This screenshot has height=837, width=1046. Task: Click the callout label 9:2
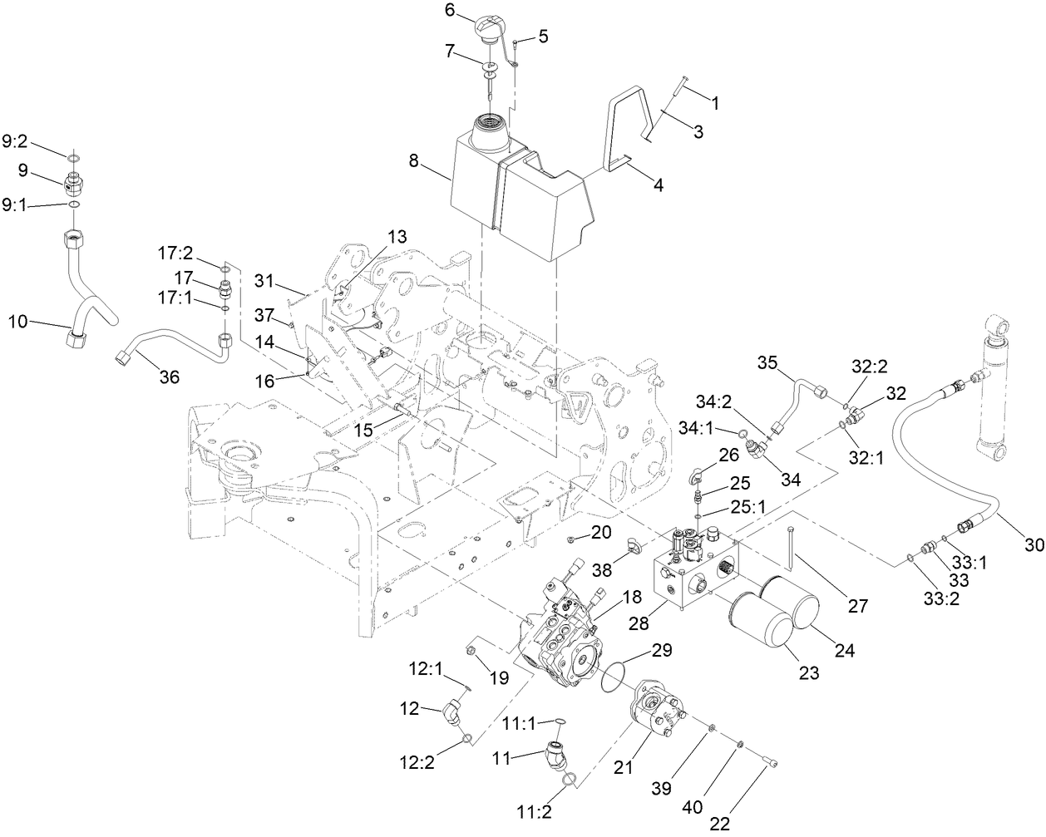click(x=16, y=143)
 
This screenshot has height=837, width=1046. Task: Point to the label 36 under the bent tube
click(x=169, y=377)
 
